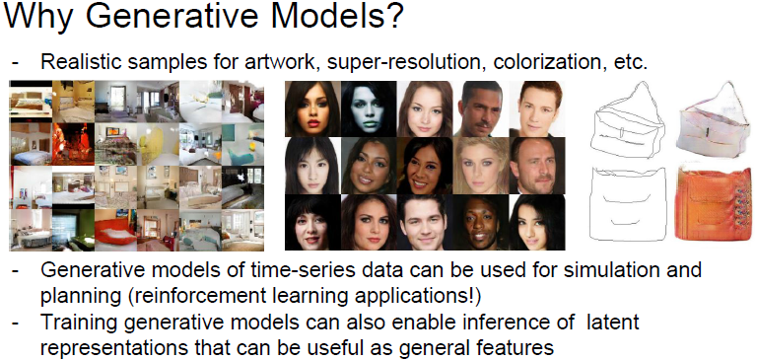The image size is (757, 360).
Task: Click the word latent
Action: (x=611, y=323)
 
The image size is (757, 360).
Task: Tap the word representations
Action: (x=109, y=348)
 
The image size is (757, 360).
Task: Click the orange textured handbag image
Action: (x=713, y=202)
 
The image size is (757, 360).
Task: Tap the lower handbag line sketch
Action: (x=627, y=203)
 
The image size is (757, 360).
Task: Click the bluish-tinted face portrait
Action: (x=369, y=108)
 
